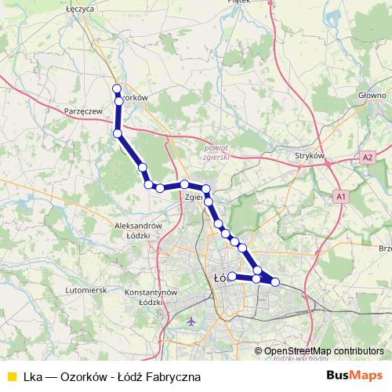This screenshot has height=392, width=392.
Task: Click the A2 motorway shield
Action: click(x=368, y=158)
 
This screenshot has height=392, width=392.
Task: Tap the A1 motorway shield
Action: click(x=340, y=195)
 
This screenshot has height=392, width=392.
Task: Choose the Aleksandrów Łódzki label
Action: click(x=138, y=230)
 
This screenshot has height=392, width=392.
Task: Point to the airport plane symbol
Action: click(x=193, y=321)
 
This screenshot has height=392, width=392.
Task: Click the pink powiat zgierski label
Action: click(x=214, y=151)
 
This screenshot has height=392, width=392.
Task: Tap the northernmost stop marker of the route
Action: click(x=117, y=89)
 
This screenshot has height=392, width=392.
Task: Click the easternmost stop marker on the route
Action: click(x=275, y=281)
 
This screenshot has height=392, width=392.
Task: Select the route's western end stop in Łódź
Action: click(x=232, y=276)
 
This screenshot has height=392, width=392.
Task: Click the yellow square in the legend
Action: click(x=11, y=377)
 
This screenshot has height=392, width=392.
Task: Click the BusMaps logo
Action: click(x=354, y=376)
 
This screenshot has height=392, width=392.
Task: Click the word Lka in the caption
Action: click(x=34, y=377)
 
